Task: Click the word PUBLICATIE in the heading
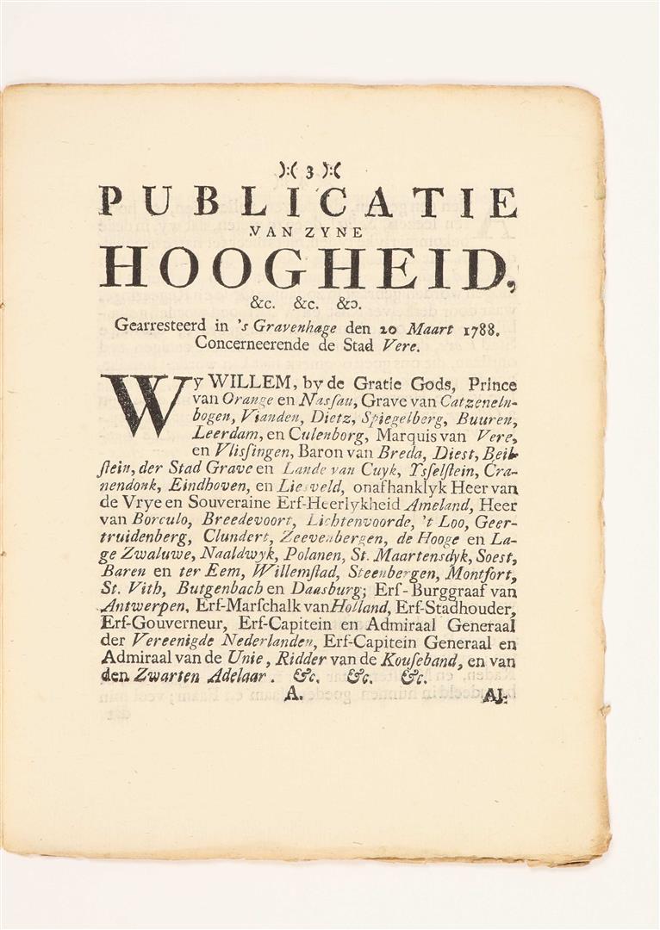click(308, 201)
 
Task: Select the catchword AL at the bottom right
click(494, 695)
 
